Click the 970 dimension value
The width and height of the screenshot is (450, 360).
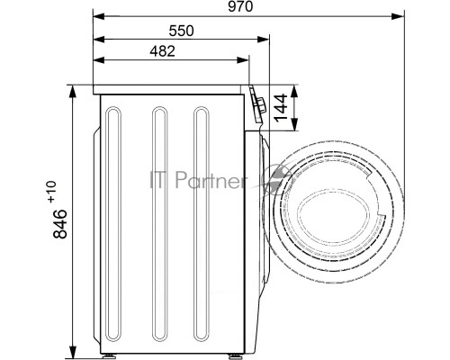pos(240,6)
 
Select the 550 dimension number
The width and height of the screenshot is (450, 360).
pos(182,31)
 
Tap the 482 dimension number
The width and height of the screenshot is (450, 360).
pos(162,51)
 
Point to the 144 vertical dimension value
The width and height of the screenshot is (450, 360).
pos(281,108)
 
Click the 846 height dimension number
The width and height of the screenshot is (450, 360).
pos(60,224)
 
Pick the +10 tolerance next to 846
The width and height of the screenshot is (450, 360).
pos(52,192)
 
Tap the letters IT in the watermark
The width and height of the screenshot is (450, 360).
pos(158,180)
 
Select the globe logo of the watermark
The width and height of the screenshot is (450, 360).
pos(277,179)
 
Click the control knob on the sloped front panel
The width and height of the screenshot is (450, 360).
pos(260,105)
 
